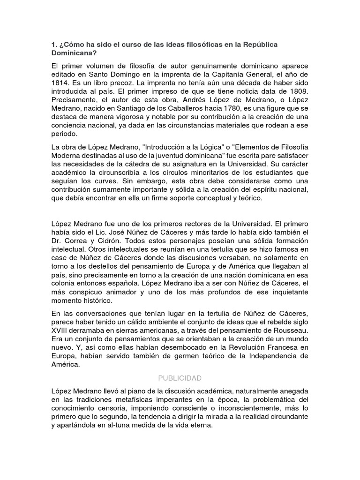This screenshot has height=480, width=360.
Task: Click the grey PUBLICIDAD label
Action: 180,377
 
